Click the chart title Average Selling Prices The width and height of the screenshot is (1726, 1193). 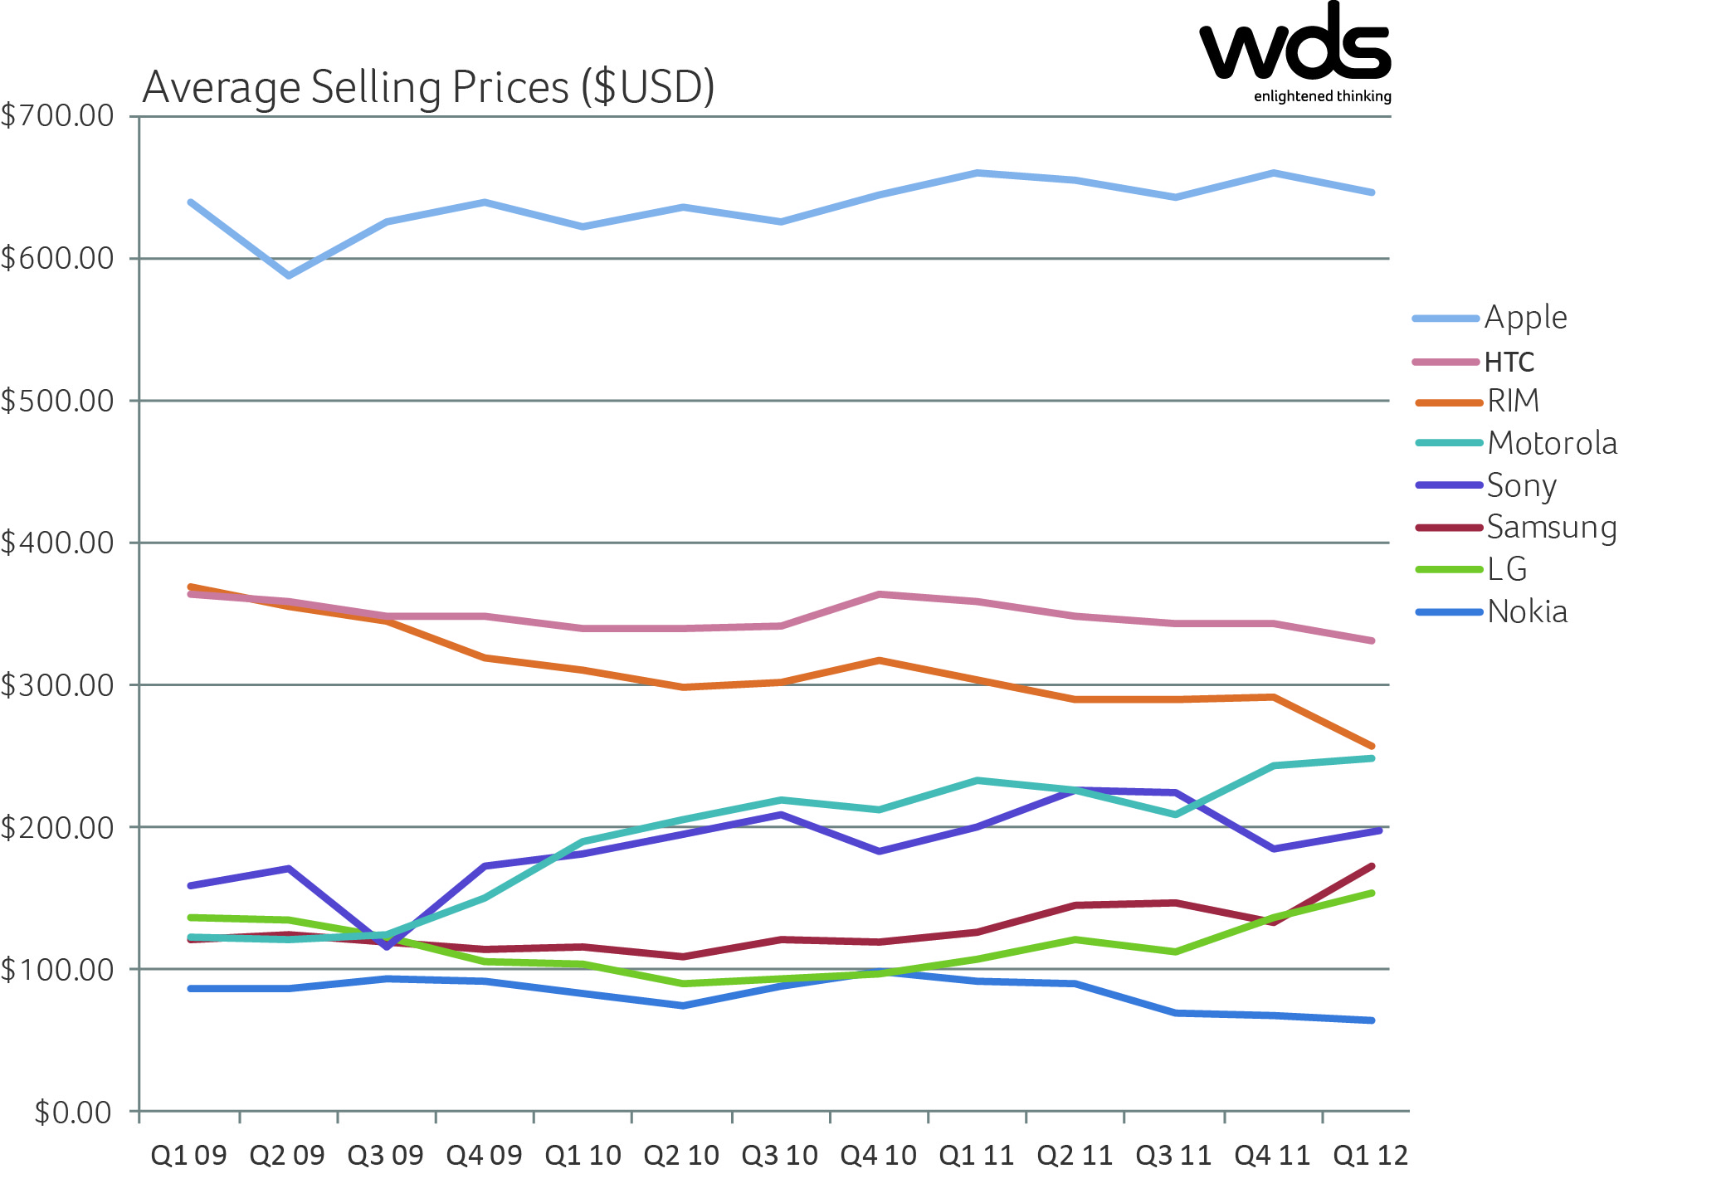[428, 87]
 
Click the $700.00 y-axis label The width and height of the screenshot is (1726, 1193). [58, 115]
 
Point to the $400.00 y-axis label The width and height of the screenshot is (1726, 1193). [58, 543]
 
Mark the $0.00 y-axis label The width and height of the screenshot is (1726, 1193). [73, 1112]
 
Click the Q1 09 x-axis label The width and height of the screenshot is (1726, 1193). [188, 1155]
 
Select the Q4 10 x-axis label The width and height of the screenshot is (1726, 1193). [878, 1155]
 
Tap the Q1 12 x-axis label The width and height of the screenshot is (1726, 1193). [1370, 1155]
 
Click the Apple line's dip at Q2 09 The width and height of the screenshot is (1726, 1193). [288, 275]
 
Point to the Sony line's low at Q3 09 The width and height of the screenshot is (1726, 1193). [388, 946]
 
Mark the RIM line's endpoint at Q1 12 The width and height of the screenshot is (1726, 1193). [1372, 746]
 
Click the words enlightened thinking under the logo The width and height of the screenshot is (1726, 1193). [1322, 96]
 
